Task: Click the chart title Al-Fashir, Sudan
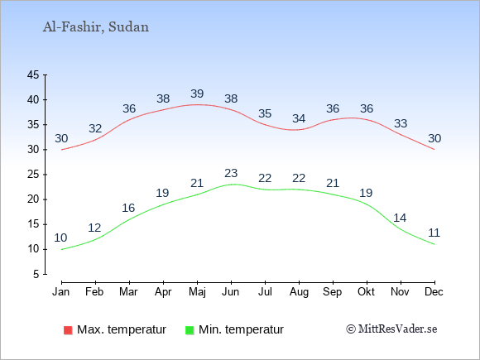pyautogui.click(x=95, y=27)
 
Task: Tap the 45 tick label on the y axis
pyautogui.click(x=33, y=74)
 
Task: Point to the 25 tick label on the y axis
pyautogui.click(x=33, y=175)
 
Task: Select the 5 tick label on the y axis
pyautogui.click(x=36, y=274)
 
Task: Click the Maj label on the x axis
pyautogui.click(x=197, y=292)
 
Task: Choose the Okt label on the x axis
pyautogui.click(x=366, y=292)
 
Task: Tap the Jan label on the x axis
pyautogui.click(x=61, y=292)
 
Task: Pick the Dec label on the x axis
pyautogui.click(x=434, y=292)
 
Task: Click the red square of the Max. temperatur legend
pyautogui.click(x=68, y=330)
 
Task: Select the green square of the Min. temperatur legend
pyautogui.click(x=190, y=330)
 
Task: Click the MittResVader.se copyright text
pyautogui.click(x=391, y=329)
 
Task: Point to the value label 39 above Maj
pyautogui.click(x=197, y=94)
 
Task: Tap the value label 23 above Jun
pyautogui.click(x=231, y=173)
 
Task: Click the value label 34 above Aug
pyautogui.click(x=299, y=118)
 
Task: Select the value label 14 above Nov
pyautogui.click(x=400, y=218)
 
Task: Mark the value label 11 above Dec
pyautogui.click(x=434, y=233)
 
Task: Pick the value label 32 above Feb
pyautogui.click(x=95, y=128)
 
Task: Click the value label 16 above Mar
pyautogui.click(x=128, y=209)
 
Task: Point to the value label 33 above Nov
pyautogui.click(x=401, y=123)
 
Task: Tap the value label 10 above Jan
pyautogui.click(x=60, y=238)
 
